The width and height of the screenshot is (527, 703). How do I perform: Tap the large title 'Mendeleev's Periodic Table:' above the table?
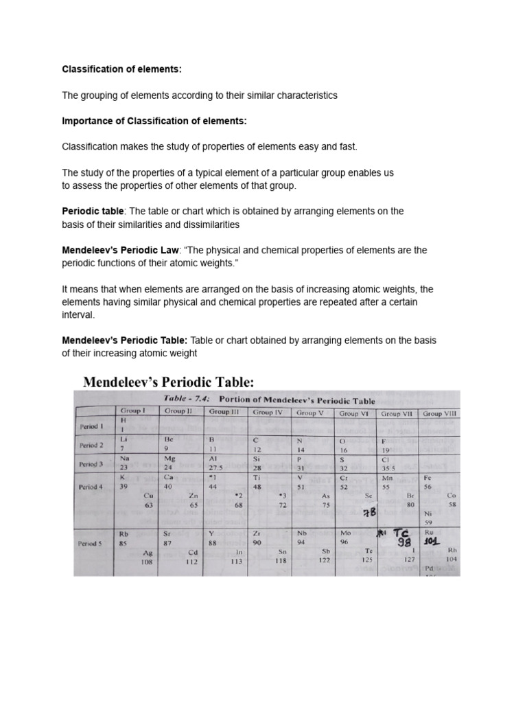pyautogui.click(x=168, y=381)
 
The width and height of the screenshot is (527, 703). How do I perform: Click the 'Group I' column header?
pyautogui.click(x=131, y=411)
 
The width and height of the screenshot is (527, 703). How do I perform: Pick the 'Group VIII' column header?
pyautogui.click(x=441, y=413)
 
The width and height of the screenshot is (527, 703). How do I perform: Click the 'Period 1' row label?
pyautogui.click(x=91, y=426)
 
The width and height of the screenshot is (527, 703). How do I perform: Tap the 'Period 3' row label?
pyautogui.click(x=91, y=463)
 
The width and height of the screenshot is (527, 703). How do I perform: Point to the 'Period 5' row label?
pyautogui.click(x=92, y=542)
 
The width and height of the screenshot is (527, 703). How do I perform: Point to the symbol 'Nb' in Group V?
pyautogui.click(x=301, y=532)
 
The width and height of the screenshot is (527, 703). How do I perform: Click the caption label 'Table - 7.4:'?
pyautogui.click(x=186, y=399)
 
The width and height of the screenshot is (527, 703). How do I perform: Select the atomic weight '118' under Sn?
pyautogui.click(x=281, y=560)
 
